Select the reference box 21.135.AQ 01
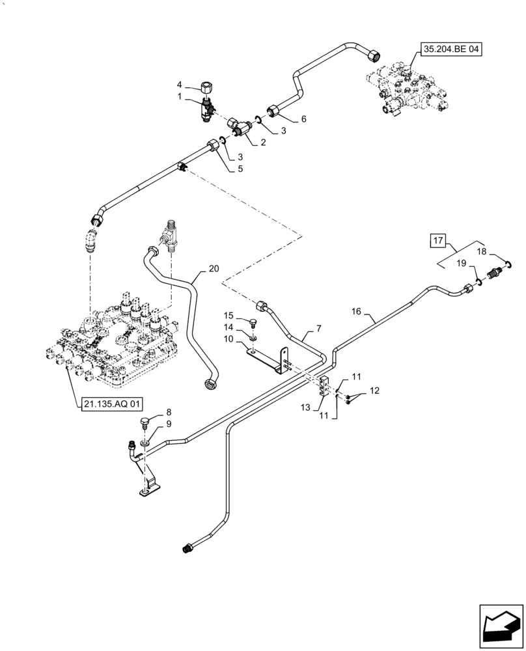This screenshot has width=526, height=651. (x=112, y=404)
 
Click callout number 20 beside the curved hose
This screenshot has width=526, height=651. (x=214, y=268)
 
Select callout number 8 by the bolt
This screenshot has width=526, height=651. (x=169, y=412)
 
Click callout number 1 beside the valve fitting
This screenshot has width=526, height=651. (x=180, y=97)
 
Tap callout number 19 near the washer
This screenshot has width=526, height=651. (x=460, y=263)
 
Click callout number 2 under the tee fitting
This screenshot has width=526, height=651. (x=263, y=142)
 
